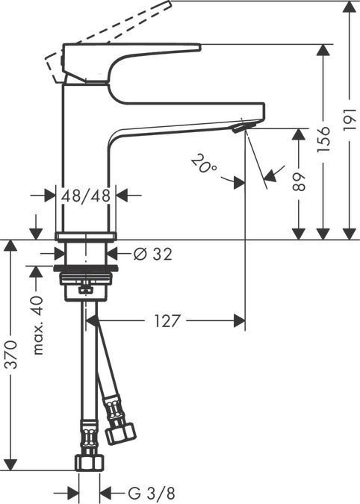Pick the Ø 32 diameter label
[x=152, y=255]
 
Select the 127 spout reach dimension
[x=168, y=321]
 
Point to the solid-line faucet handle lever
[x=134, y=53]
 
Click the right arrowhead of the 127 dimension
[x=239, y=321]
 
